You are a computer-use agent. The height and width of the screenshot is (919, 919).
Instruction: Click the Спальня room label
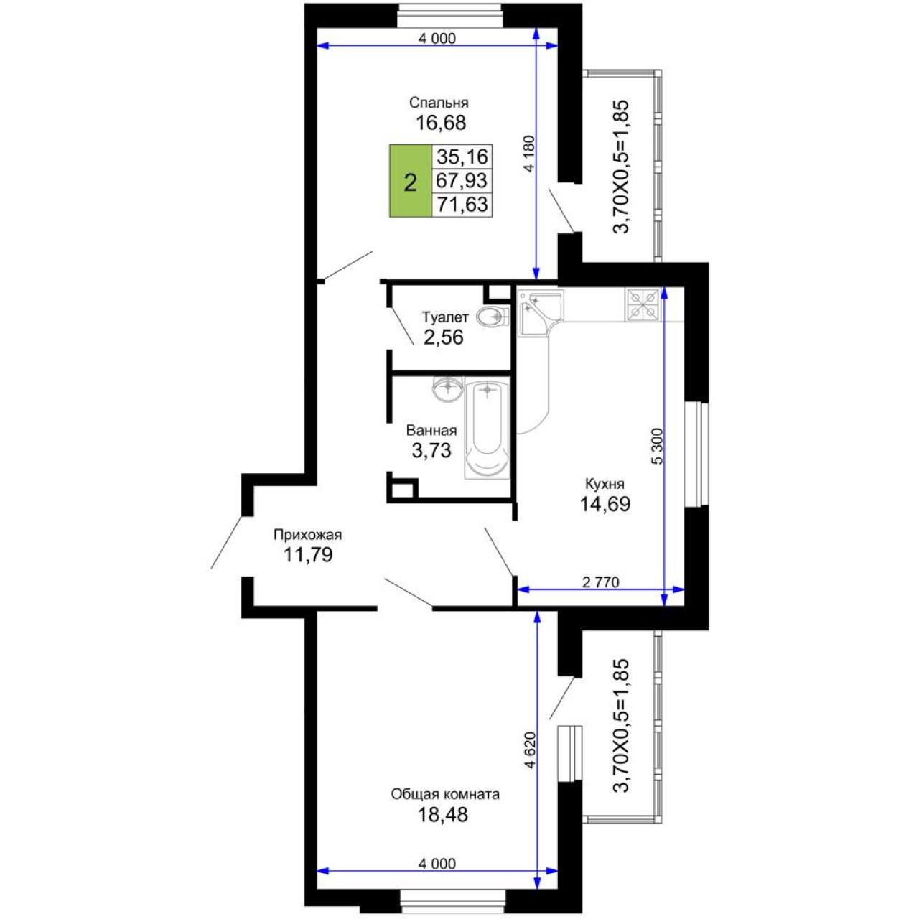(x=438, y=103)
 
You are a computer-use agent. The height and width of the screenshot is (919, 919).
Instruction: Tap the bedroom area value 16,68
(x=440, y=123)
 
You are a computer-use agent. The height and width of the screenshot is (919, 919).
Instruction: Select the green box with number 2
(x=410, y=181)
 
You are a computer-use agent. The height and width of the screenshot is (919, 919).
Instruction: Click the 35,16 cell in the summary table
(x=462, y=157)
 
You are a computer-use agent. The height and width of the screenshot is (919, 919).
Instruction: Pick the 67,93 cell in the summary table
(x=462, y=181)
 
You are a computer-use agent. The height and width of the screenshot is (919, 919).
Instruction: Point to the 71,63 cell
(x=462, y=205)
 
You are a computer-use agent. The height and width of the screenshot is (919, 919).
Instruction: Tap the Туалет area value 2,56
(x=443, y=337)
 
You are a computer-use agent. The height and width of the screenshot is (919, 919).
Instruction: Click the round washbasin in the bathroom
(x=447, y=389)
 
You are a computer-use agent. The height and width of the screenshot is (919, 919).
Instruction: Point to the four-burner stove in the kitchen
(x=643, y=304)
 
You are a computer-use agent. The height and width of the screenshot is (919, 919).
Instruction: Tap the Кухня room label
(x=605, y=484)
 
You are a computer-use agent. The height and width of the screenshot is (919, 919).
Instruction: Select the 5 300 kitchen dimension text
(x=657, y=446)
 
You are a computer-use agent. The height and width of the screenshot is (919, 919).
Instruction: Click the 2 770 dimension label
(x=601, y=582)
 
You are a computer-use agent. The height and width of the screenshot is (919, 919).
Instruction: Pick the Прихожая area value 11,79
(x=307, y=555)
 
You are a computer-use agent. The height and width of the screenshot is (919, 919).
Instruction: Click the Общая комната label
(x=445, y=794)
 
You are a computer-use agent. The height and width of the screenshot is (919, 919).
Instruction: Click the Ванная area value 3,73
(x=431, y=449)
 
